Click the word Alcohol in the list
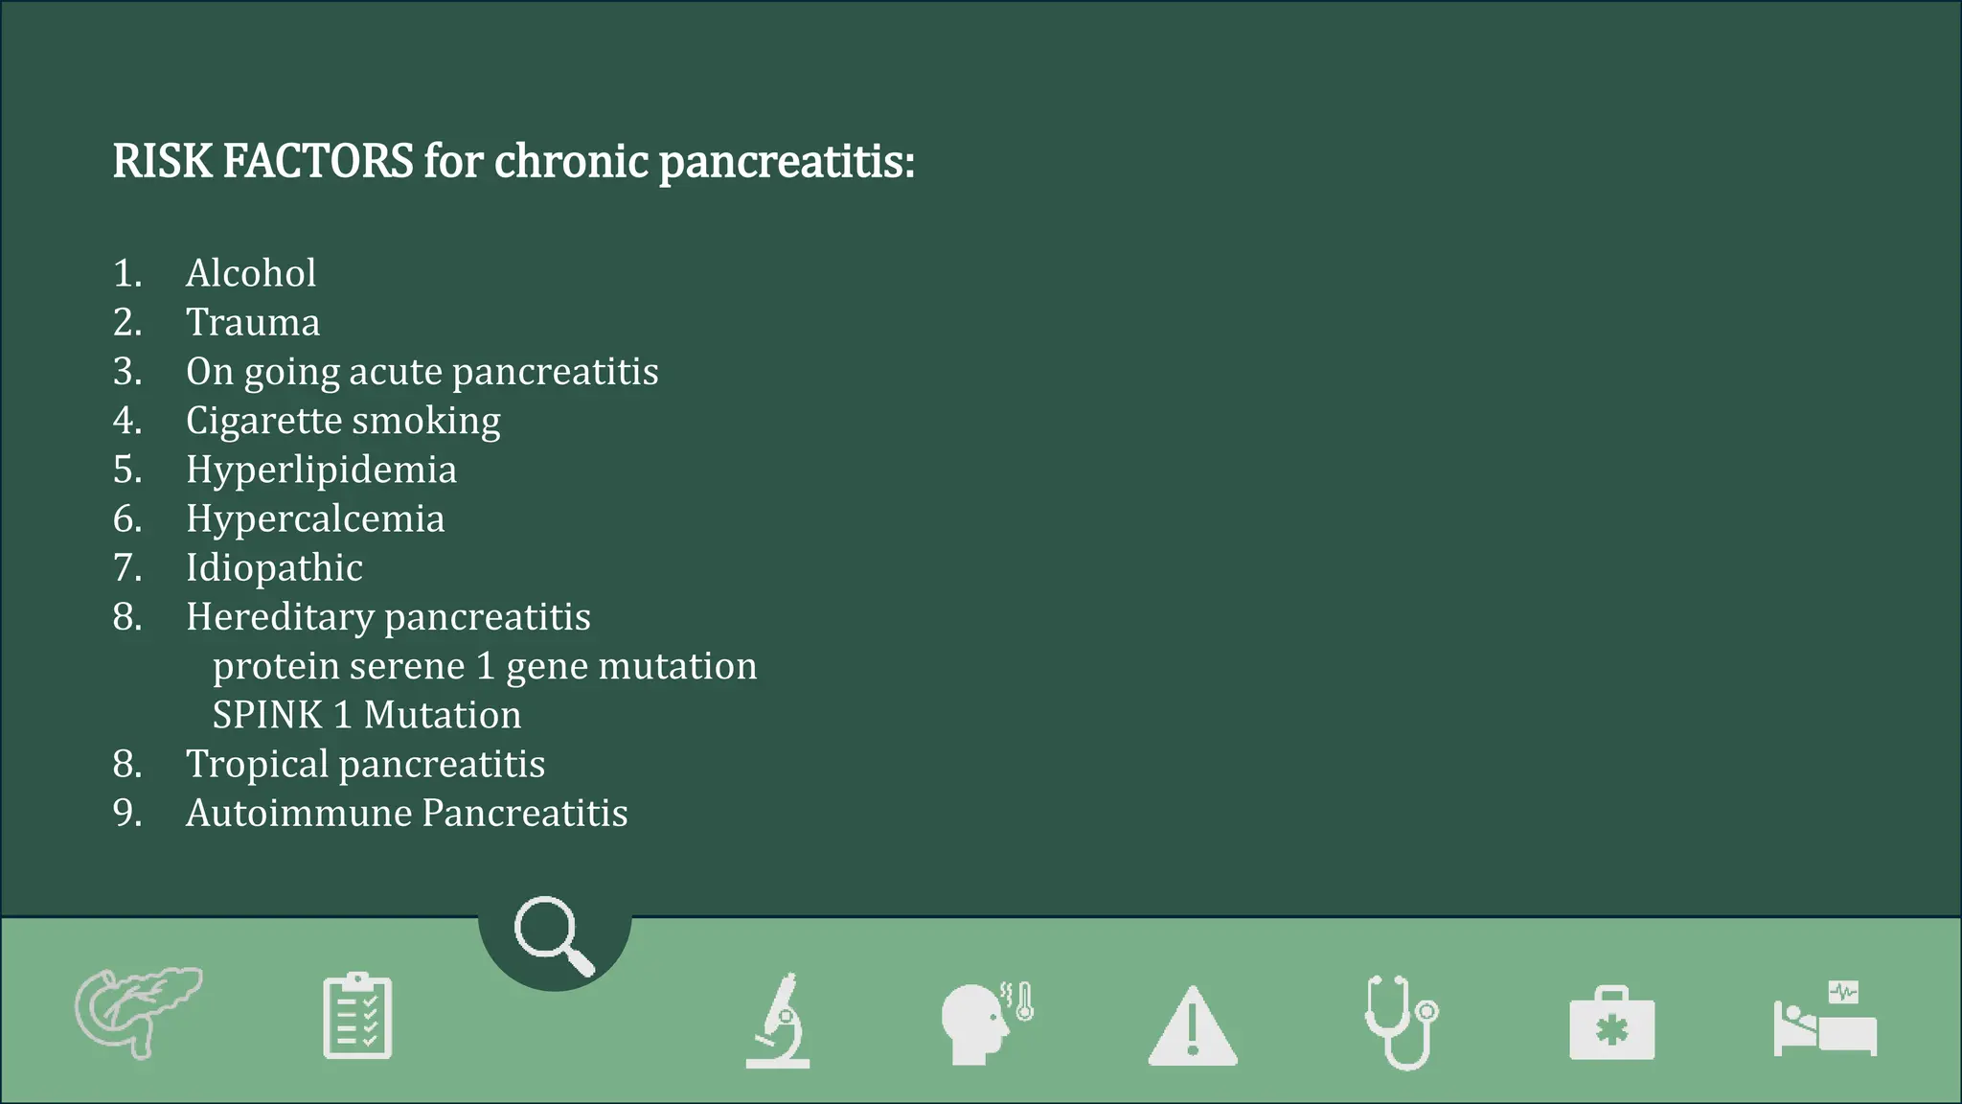[251, 274]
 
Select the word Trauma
[253, 323]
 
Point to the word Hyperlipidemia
[321, 471]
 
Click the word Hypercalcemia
[315, 519]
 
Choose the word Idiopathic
[274, 568]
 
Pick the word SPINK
[267, 716]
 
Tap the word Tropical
[258, 765]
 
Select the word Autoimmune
[299, 814]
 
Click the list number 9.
[127, 814]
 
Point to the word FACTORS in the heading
[318, 161]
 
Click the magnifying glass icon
[554, 935]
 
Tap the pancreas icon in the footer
[138, 1012]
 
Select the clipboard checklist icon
[357, 1016]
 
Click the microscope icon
[779, 1021]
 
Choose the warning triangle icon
[1193, 1027]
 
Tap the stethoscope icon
[1402, 1022]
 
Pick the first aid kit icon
[1611, 1025]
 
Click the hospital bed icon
[1825, 1022]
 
